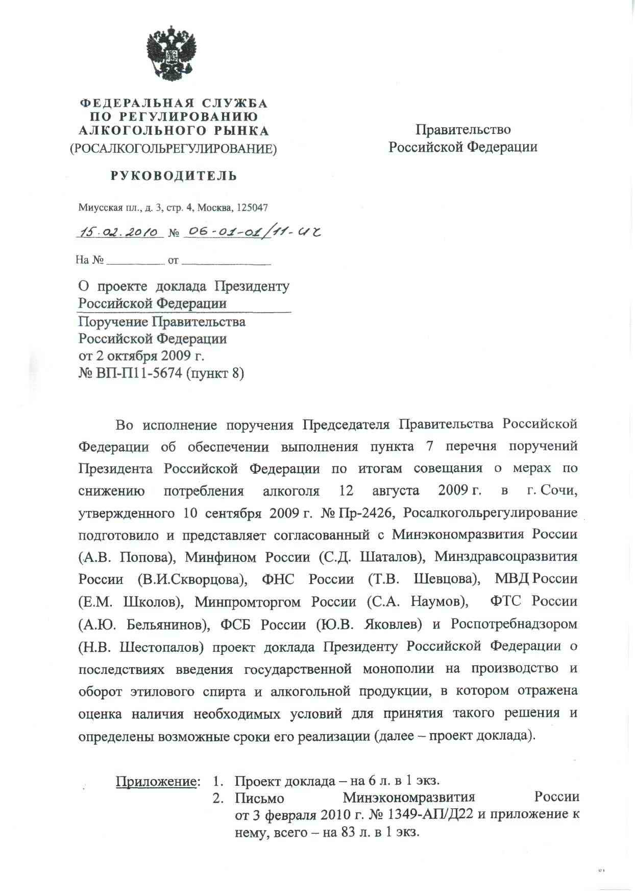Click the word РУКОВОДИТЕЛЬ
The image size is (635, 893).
coord(174,176)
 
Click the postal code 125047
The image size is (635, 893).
coord(252,208)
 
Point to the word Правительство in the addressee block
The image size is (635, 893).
coord(462,130)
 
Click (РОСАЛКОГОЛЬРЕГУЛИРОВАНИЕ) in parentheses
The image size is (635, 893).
coord(174,149)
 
